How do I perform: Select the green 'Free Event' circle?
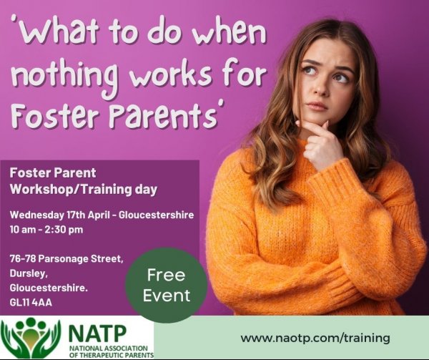(167, 285)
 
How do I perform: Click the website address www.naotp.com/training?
(315, 338)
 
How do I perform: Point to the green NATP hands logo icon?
(31, 337)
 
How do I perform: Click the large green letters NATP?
(97, 334)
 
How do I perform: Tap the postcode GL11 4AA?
(31, 303)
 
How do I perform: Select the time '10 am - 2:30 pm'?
(46, 230)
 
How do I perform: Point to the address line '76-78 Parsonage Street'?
(66, 258)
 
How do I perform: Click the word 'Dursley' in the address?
(29, 273)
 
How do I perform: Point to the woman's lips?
(317, 106)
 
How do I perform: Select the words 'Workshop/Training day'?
(84, 190)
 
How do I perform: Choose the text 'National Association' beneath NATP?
(109, 349)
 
